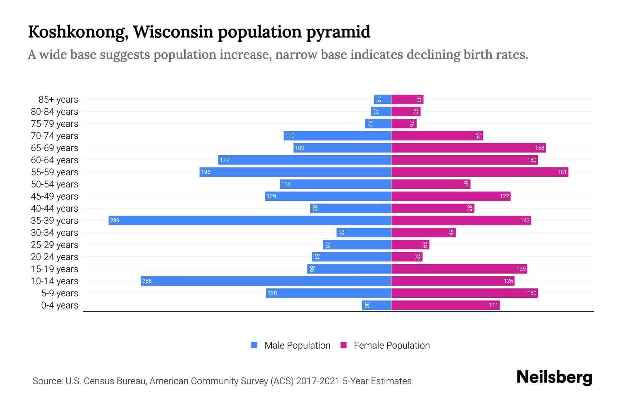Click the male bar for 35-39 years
[x=249, y=220]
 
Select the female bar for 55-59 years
[x=480, y=172]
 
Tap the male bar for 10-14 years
[x=266, y=281]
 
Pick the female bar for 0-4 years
[x=445, y=305]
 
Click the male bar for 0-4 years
[x=377, y=305]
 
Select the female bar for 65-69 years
[x=468, y=148]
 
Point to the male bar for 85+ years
[x=382, y=100]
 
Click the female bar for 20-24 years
[x=407, y=257]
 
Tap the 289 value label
[x=114, y=220]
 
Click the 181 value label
[x=562, y=172]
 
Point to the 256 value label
[x=147, y=281]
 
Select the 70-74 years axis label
[x=55, y=136]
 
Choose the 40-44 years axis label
[x=55, y=209]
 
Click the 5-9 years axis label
[x=60, y=293]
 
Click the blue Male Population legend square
[x=254, y=345]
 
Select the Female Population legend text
[x=392, y=345]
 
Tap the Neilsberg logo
[x=554, y=377]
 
